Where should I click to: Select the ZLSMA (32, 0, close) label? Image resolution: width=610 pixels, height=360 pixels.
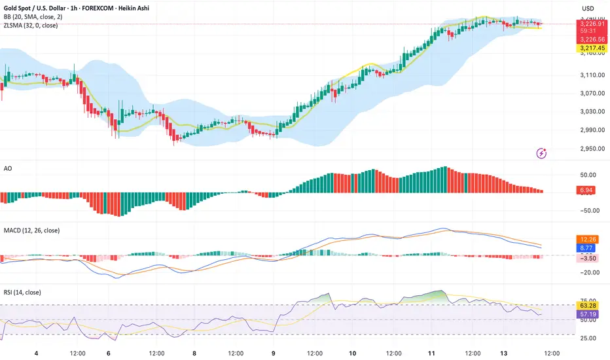tap(31, 26)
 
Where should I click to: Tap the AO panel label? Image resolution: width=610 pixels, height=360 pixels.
tap(8, 168)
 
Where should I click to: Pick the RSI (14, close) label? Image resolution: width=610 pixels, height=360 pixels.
tap(22, 292)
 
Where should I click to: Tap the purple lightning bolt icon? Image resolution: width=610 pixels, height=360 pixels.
tap(541, 153)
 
